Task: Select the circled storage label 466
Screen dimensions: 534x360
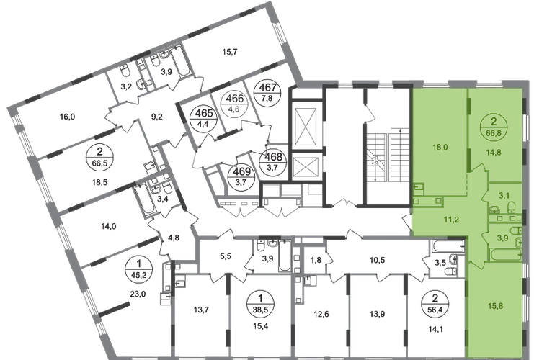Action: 235,104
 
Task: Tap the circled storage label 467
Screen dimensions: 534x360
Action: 268,93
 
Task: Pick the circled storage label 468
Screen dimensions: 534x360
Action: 273,161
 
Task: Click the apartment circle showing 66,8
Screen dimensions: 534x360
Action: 494,127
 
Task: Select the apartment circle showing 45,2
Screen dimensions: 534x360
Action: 138,270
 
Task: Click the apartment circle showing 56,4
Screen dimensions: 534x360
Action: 435,305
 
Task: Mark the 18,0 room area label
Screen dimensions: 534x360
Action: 440,148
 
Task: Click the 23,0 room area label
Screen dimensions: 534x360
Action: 138,294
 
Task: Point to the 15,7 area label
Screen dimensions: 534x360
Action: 230,52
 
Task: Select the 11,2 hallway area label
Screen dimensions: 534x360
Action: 451,220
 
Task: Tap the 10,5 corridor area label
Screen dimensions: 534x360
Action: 377,261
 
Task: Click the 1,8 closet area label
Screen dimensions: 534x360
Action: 316,261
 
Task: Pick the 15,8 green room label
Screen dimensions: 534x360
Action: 495,306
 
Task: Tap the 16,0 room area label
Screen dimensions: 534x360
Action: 67,117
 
